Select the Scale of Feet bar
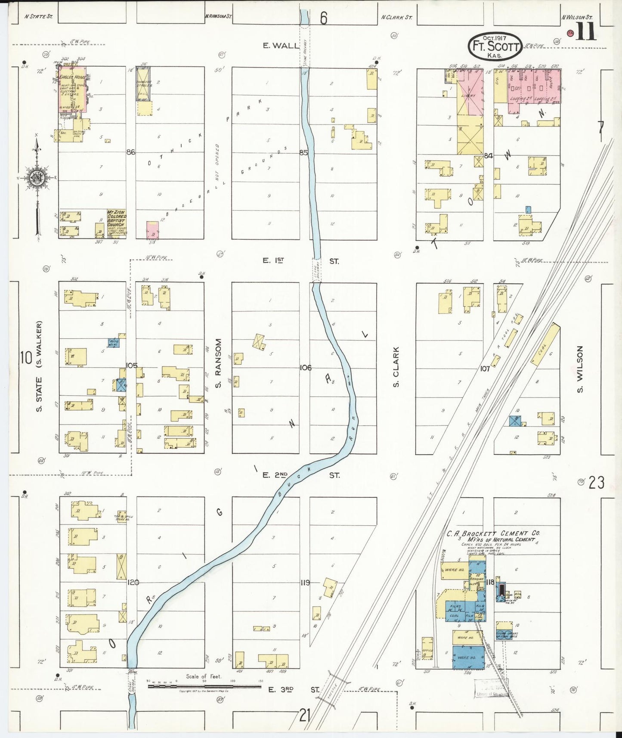[x=204, y=685]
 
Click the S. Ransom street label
[x=218, y=363]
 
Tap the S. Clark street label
[x=396, y=366]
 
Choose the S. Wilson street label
[x=580, y=369]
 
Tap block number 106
[x=305, y=367]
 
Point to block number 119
[x=305, y=583]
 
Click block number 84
[x=488, y=156]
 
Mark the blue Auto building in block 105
[x=114, y=343]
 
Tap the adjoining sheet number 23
[x=596, y=482]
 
